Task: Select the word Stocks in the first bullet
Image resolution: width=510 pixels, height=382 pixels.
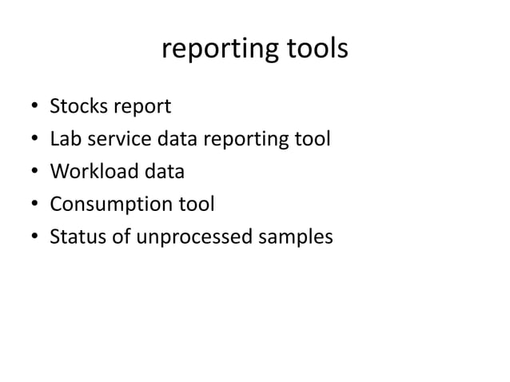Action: click(x=77, y=106)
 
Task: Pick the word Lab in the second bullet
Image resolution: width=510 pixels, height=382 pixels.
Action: click(x=64, y=139)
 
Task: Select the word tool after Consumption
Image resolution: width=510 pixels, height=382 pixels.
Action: click(x=192, y=205)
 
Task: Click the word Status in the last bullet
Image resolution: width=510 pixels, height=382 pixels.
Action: click(x=74, y=237)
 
